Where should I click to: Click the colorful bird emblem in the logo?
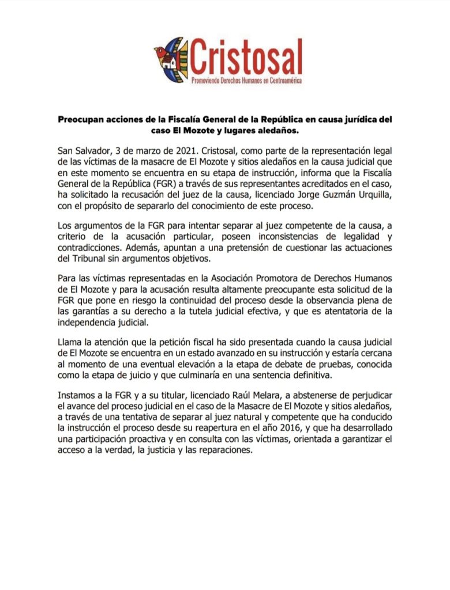[x=171, y=60]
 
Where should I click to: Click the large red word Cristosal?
[x=246, y=57]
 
